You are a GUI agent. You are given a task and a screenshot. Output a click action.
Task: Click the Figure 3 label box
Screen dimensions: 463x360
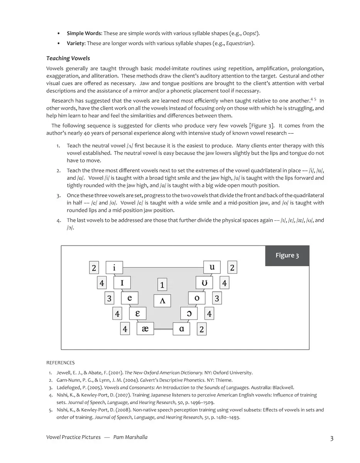tap(287, 255)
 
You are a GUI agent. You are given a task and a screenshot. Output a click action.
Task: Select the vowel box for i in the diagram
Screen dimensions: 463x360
tap(114, 267)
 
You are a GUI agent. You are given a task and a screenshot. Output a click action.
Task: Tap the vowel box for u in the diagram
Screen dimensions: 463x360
tap(212, 267)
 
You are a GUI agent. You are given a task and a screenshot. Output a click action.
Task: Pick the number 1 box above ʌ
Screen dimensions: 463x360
tap(162, 285)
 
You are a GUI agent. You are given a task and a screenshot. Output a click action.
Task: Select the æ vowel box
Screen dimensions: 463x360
tap(145, 329)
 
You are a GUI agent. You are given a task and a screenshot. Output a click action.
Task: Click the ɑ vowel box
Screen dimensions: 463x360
tap(181, 329)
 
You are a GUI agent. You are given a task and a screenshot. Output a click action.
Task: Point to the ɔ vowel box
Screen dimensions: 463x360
tap(189, 313)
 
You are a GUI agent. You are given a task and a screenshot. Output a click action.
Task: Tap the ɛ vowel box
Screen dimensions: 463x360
tap(138, 313)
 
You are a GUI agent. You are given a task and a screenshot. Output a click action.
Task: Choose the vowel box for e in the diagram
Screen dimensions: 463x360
tap(130, 298)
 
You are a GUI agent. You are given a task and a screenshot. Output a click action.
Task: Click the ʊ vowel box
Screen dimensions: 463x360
tap(205, 283)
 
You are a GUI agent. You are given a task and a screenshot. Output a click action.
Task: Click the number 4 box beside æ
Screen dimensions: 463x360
tap(125, 329)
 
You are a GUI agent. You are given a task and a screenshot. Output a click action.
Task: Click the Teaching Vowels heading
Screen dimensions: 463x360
tap(68, 58)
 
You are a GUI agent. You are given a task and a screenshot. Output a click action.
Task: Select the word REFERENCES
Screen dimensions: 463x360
tap(60, 363)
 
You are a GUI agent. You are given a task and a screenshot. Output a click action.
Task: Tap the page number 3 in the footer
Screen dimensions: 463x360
tap(332, 438)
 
